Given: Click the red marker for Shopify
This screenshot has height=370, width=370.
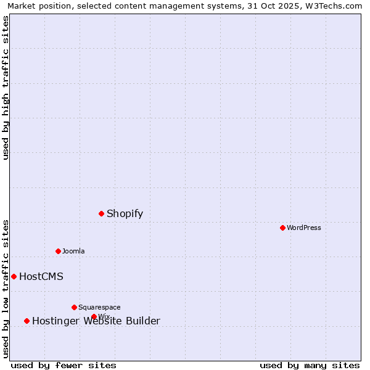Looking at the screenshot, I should [x=101, y=213].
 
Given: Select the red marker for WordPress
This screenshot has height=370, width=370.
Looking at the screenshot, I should [x=282, y=228].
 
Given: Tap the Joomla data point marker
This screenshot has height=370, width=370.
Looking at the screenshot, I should [x=58, y=251].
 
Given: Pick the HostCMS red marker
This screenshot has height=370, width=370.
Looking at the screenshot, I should [x=14, y=276].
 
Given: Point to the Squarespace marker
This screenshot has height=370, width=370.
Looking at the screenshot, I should [x=74, y=307].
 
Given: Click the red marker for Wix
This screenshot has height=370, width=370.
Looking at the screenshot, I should [x=94, y=316].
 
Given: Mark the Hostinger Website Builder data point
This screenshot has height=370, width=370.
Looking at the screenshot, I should [x=27, y=321].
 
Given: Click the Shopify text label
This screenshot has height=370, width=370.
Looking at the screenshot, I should [x=125, y=214].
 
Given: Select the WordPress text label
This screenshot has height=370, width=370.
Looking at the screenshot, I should [x=304, y=228].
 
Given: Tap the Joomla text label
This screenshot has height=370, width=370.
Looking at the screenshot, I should [x=73, y=251].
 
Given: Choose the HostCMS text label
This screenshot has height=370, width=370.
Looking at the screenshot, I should [x=41, y=276].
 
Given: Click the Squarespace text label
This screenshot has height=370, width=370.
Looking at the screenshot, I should [x=99, y=307].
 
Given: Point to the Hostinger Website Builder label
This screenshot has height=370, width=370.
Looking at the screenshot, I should [x=96, y=321].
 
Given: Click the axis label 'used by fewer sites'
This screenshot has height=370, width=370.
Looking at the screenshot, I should [x=64, y=365].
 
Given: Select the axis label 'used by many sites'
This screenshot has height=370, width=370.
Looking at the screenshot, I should [x=310, y=365].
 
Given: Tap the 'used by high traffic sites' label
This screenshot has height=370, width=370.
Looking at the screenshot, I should [x=6, y=88].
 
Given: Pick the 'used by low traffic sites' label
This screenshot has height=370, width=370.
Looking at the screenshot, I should [x=6, y=288].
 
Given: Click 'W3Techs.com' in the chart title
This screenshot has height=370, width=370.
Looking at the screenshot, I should [x=337, y=6].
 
